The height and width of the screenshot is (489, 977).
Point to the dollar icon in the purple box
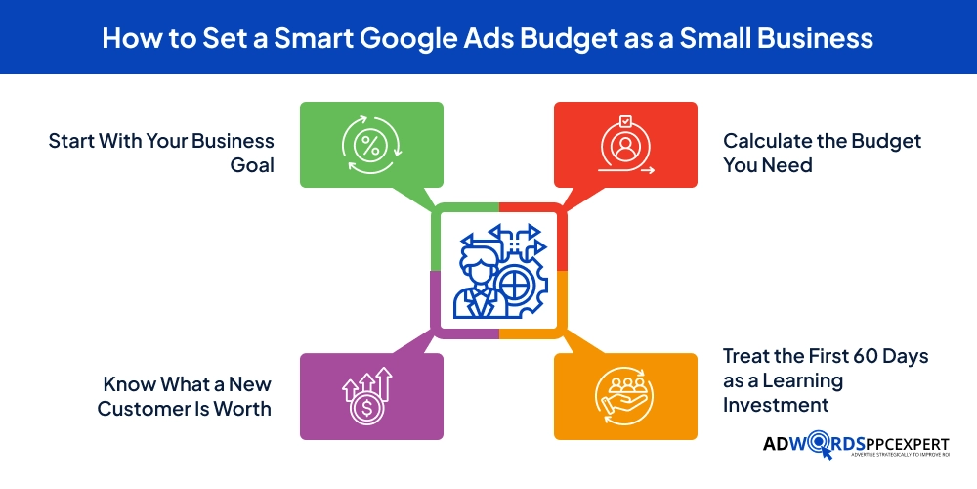pyautogui.click(x=367, y=395)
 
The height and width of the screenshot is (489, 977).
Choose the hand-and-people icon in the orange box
pyautogui.click(x=625, y=397)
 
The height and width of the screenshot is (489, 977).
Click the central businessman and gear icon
pyautogui.click(x=498, y=270)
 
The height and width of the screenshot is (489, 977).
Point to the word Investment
pyautogui.click(x=776, y=404)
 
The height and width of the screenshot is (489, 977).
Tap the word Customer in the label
pyautogui.click(x=145, y=408)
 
